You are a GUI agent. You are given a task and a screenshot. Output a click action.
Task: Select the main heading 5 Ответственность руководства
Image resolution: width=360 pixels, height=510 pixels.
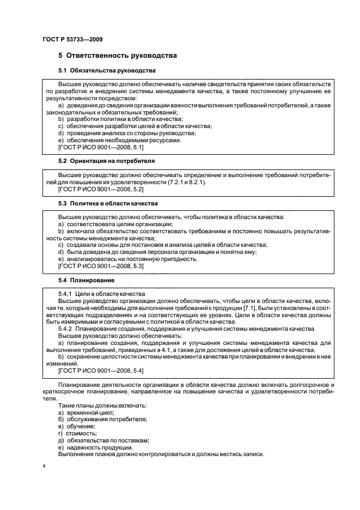coord(117,56)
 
